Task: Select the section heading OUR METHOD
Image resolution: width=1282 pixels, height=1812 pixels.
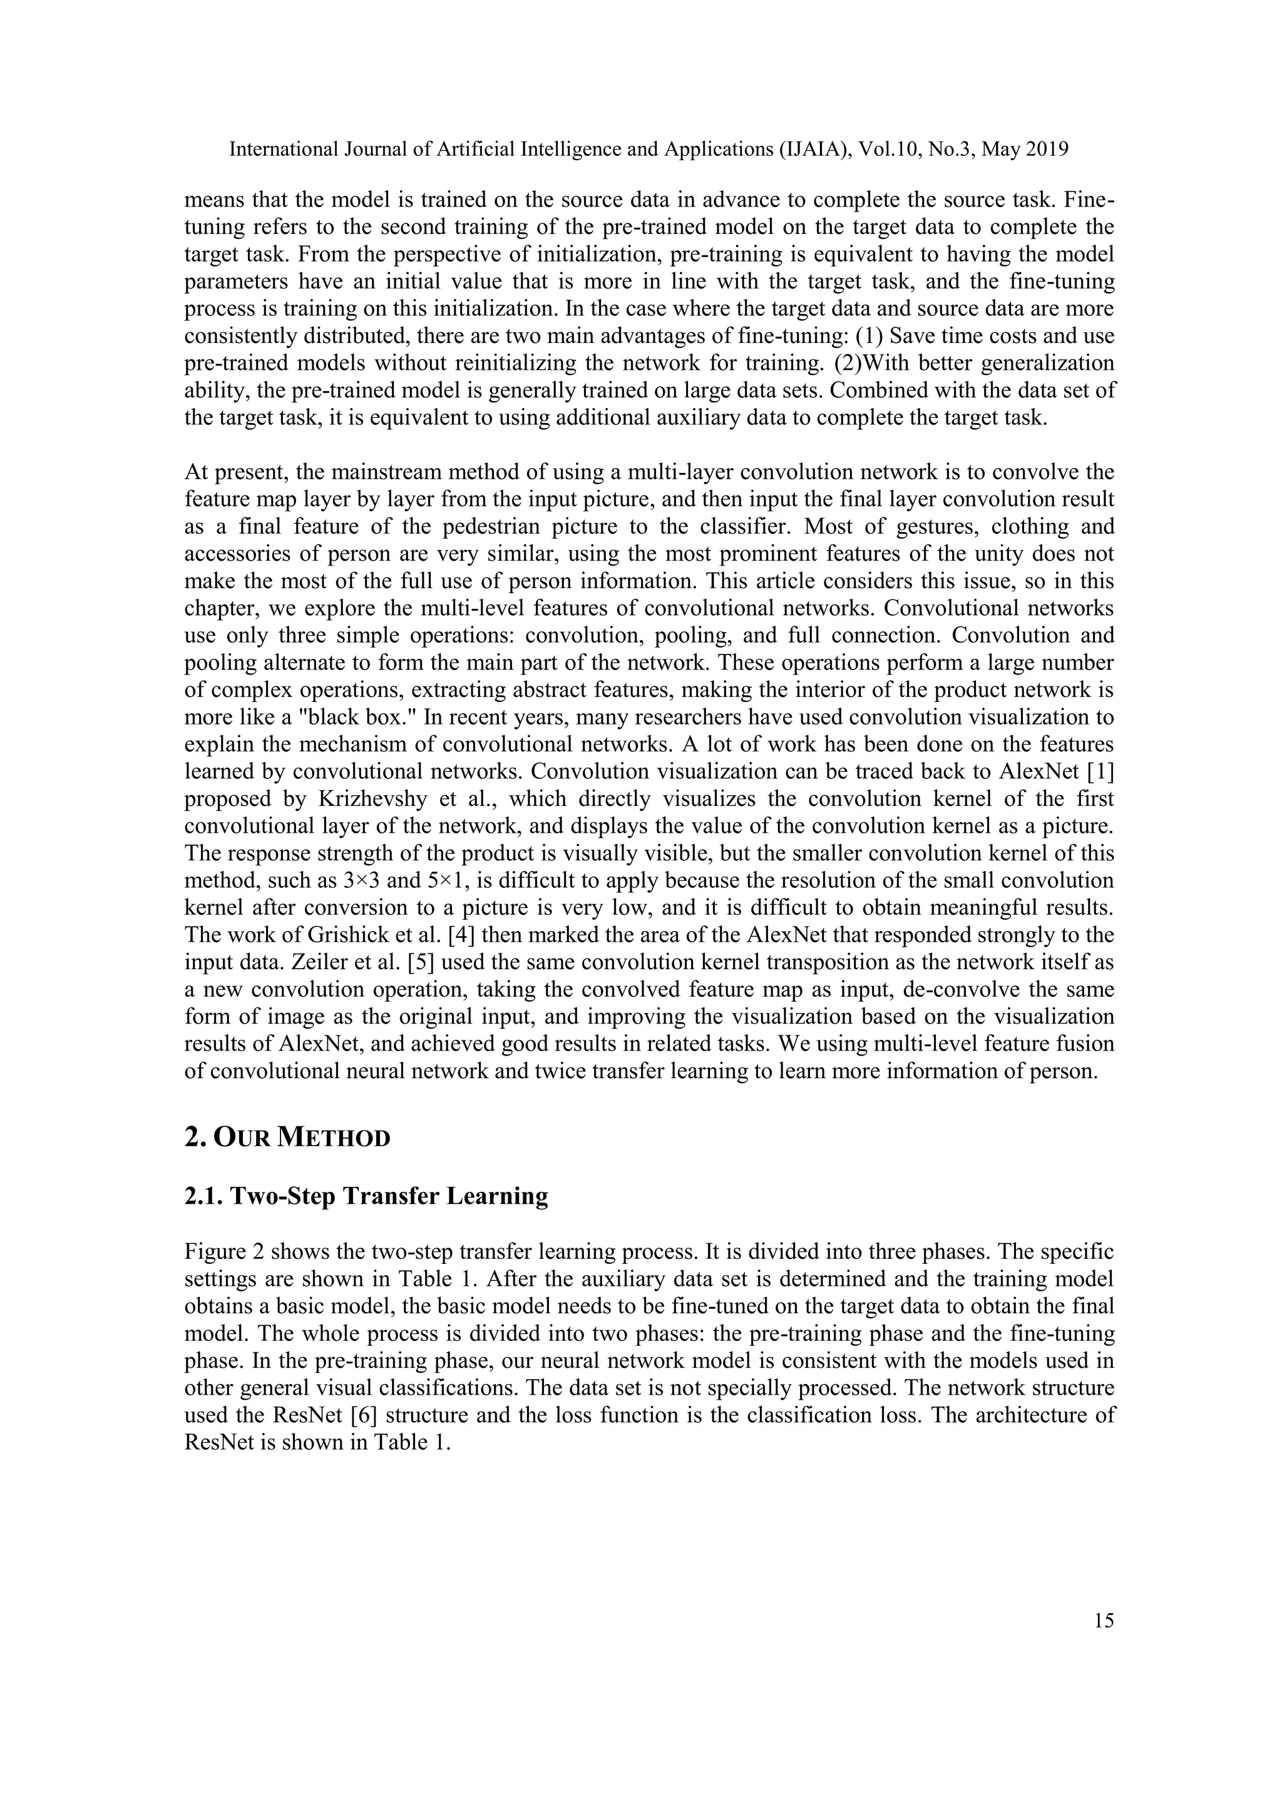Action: [287, 1138]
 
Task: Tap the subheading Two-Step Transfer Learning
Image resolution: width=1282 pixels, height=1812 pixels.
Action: [366, 1196]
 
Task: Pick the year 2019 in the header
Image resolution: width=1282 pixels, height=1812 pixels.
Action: [1047, 149]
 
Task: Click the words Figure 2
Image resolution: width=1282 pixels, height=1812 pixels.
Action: [223, 1251]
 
